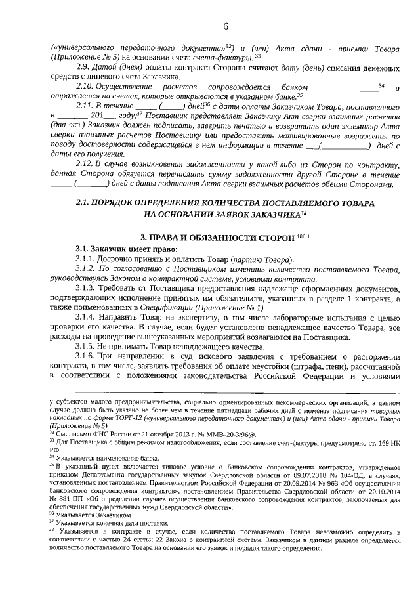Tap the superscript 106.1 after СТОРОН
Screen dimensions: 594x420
[303, 233]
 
